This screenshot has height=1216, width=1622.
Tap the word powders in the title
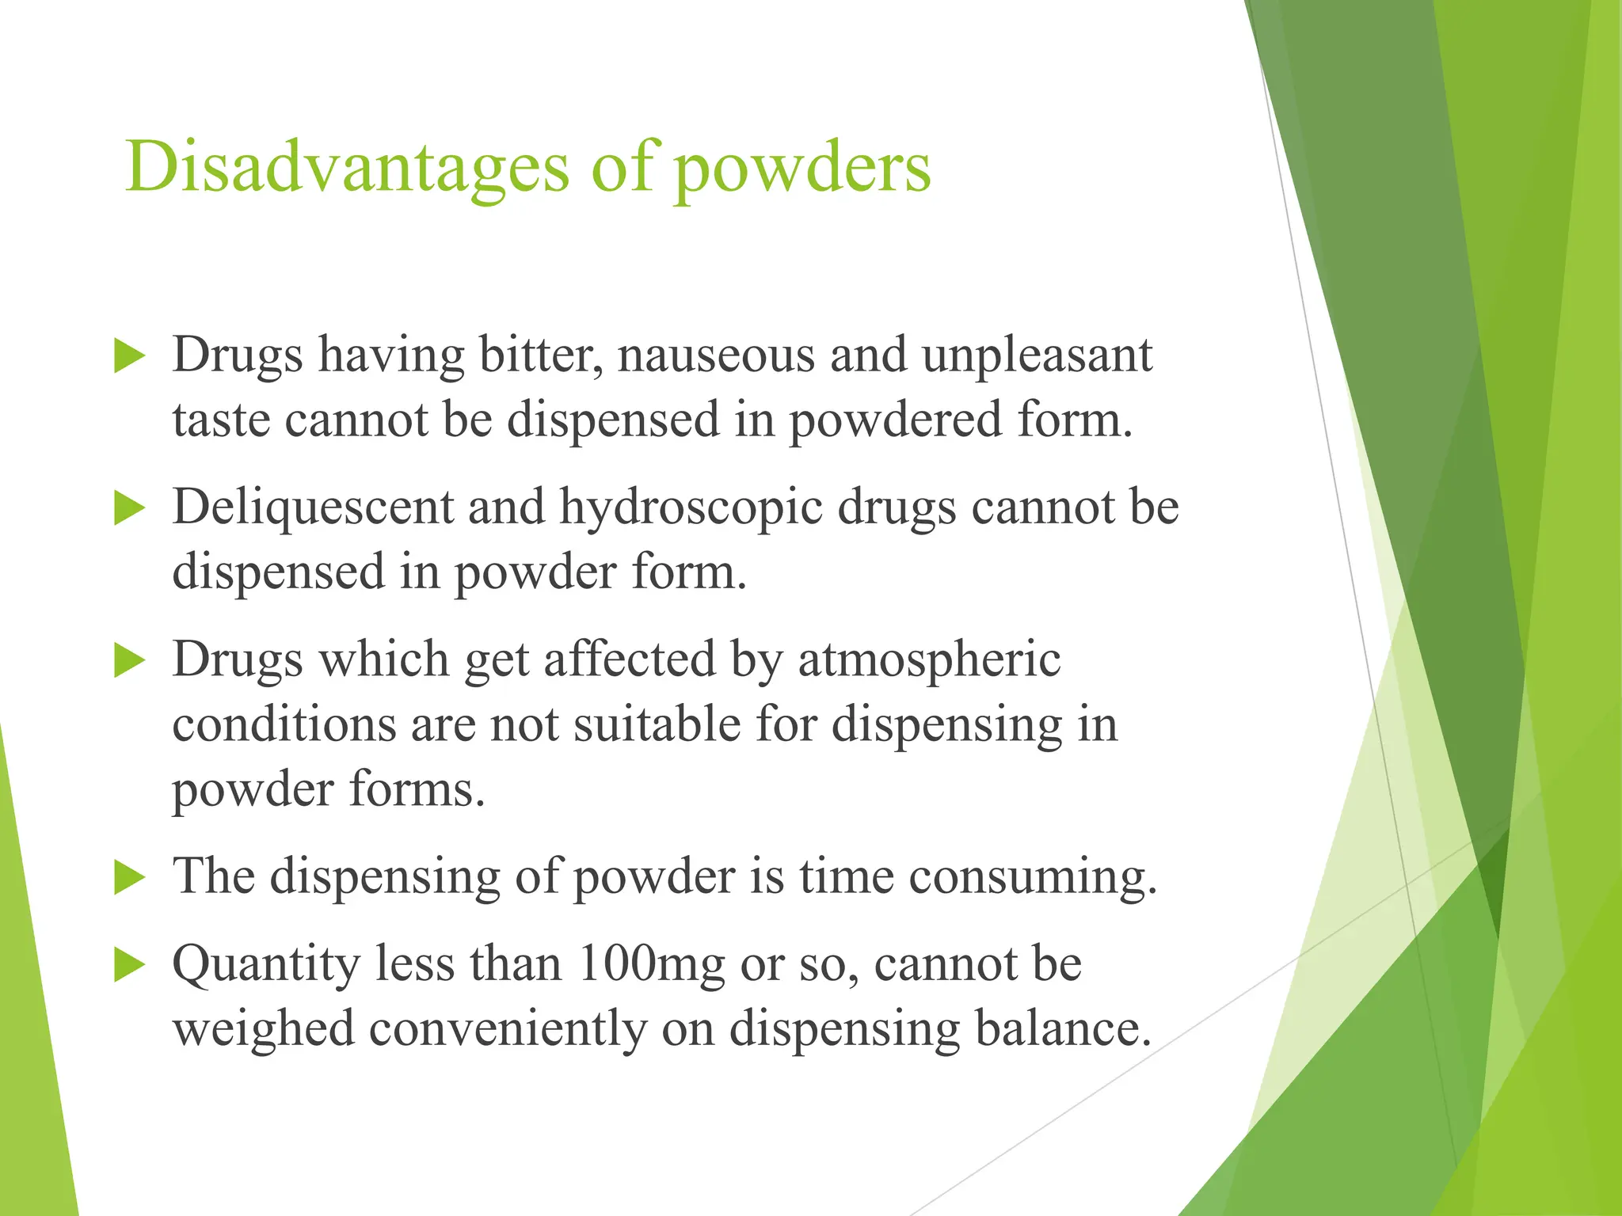[802, 168]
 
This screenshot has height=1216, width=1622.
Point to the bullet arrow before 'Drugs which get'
[129, 660]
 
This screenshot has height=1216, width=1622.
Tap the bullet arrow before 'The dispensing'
[129, 878]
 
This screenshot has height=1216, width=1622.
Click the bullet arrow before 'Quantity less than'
[129, 966]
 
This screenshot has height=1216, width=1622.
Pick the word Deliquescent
[313, 507]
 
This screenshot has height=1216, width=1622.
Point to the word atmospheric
[928, 660]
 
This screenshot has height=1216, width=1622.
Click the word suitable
[657, 724]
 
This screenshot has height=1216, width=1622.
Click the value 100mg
[651, 966]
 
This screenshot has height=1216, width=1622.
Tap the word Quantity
[266, 966]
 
